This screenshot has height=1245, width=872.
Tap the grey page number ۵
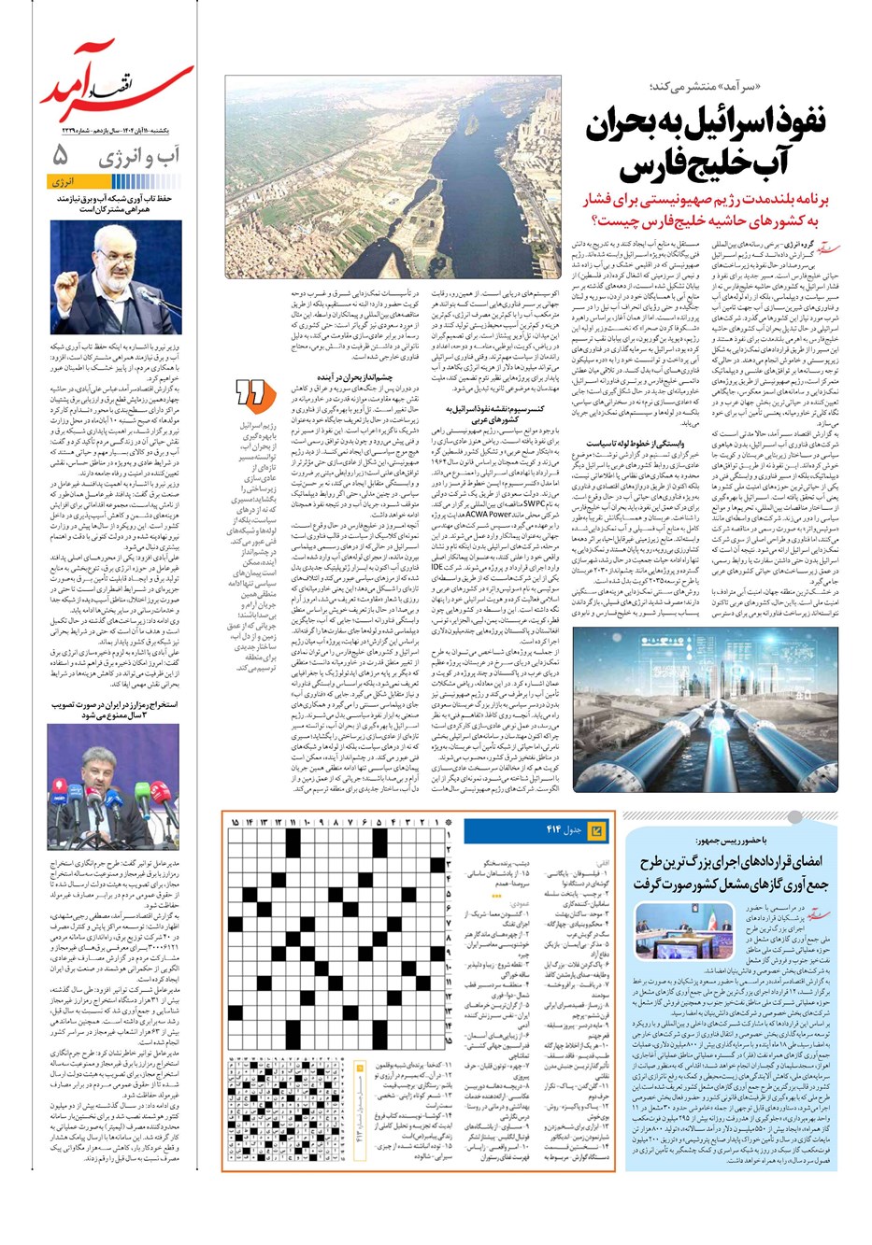click(x=63, y=154)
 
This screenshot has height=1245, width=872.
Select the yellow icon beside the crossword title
click(x=598, y=829)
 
